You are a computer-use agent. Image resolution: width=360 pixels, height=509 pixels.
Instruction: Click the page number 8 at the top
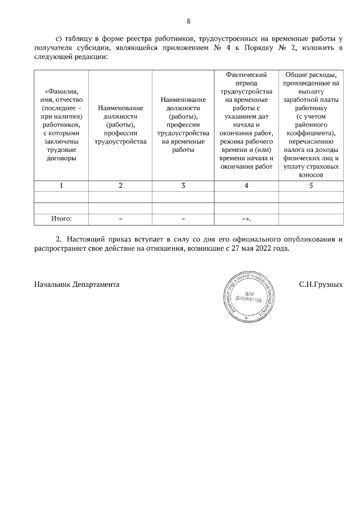(188, 22)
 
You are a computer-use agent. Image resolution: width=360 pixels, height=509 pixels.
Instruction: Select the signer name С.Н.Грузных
(321, 285)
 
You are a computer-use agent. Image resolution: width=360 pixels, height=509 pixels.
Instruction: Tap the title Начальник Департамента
(76, 285)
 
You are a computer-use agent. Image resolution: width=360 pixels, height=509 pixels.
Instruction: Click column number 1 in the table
(61, 186)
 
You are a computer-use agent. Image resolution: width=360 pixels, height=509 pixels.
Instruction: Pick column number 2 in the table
(120, 186)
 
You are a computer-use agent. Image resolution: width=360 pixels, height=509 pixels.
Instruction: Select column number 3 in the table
(183, 186)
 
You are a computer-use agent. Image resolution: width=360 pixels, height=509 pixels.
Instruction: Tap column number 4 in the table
(246, 186)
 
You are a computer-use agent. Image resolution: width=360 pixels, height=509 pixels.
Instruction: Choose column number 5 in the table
(310, 186)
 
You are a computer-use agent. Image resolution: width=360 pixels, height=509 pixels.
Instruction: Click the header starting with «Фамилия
(61, 124)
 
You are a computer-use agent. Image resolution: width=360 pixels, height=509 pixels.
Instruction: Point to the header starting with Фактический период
(246, 78)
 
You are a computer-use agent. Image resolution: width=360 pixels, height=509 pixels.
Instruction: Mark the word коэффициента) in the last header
(310, 133)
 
